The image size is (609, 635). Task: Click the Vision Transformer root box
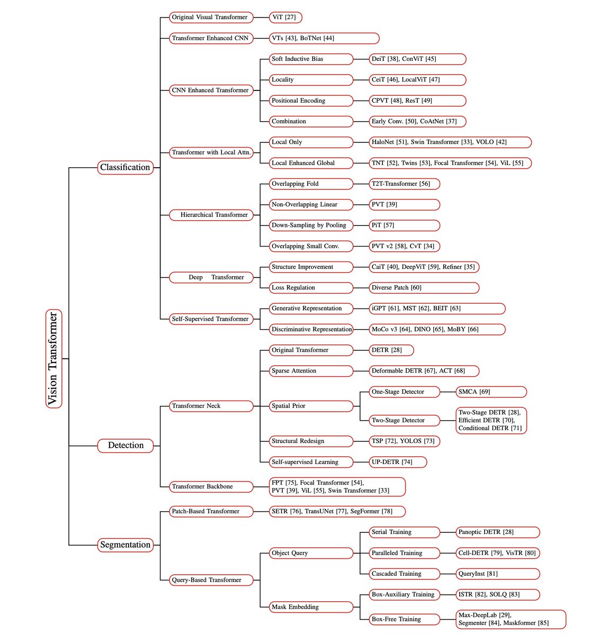[53, 359]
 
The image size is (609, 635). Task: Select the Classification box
[126, 167]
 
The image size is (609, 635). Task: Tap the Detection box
[126, 446]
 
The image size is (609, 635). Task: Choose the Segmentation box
[126, 545]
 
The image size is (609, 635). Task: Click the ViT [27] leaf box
[285, 17]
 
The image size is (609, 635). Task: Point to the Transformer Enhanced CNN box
[211, 38]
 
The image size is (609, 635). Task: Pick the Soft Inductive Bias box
[311, 59]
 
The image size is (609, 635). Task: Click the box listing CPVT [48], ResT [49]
[417, 101]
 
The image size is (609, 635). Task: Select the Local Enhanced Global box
[311, 163]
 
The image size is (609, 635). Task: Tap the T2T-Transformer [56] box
[404, 184]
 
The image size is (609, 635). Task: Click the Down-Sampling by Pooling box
[311, 225]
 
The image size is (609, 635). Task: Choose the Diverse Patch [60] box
[424, 288]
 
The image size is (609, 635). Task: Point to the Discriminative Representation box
[311, 329]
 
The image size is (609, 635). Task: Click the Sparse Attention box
[311, 371]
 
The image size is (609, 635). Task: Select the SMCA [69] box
[491, 392]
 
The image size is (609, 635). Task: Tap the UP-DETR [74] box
[398, 462]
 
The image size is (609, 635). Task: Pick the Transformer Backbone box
[211, 486]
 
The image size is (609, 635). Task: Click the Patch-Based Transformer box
[211, 511]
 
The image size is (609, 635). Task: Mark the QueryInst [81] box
[497, 574]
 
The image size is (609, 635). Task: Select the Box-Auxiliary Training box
[404, 594]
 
